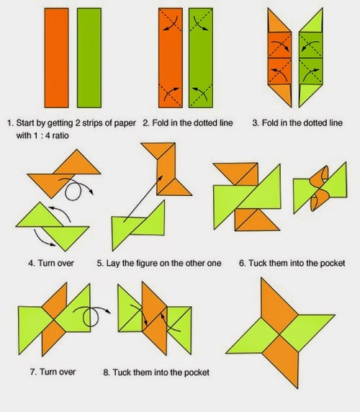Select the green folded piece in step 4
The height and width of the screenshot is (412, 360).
[54, 223]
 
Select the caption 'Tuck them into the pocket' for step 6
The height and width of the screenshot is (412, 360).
[295, 264]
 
